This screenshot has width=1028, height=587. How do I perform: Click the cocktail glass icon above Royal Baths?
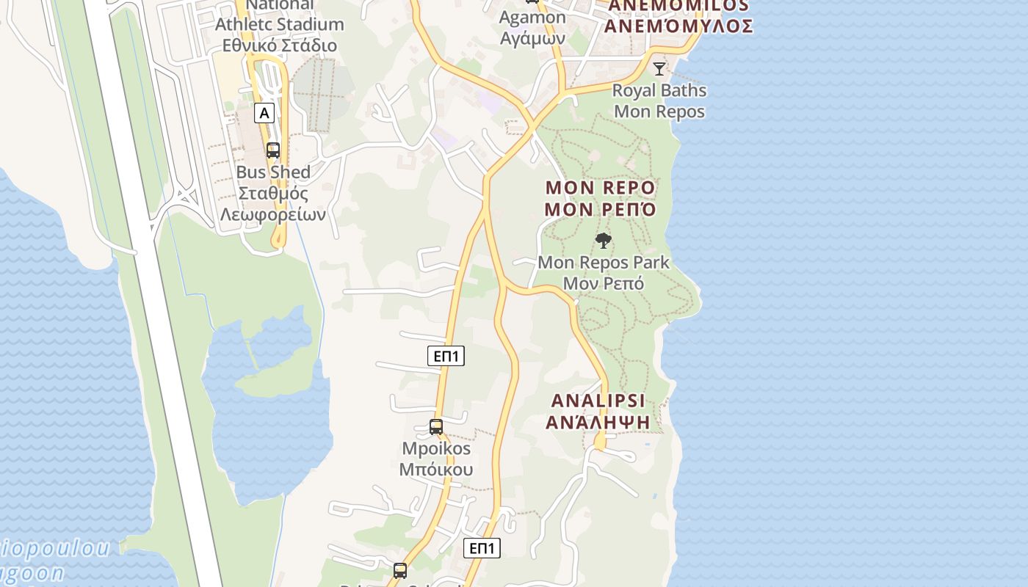coord(659,69)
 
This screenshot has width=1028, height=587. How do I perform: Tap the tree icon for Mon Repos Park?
coord(604,241)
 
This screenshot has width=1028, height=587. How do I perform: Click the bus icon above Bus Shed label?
coord(273,150)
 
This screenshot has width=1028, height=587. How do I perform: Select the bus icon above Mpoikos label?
coord(436,427)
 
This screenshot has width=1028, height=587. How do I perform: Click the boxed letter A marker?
coord(264,113)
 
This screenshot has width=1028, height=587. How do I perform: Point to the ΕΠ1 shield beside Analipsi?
coord(446,357)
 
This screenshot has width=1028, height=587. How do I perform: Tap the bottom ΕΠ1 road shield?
coord(482,548)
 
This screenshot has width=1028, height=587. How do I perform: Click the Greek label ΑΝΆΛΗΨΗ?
coord(598,422)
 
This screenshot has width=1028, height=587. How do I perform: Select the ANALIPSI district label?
coord(598,401)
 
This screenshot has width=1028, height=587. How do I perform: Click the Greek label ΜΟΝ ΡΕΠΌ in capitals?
coord(600,210)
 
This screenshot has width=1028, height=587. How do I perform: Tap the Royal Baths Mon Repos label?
coord(659,101)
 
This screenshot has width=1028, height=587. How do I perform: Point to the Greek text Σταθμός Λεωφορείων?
coord(273,205)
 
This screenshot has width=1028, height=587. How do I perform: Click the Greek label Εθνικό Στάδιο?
coord(280,45)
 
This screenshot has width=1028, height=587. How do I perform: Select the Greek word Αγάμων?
coord(532,38)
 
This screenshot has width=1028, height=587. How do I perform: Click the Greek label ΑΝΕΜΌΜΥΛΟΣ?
coord(678,26)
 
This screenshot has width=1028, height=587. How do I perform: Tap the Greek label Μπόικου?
coord(436,470)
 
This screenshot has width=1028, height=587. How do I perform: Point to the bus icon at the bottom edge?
coord(400,571)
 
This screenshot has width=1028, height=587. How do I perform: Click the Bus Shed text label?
coord(273,172)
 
